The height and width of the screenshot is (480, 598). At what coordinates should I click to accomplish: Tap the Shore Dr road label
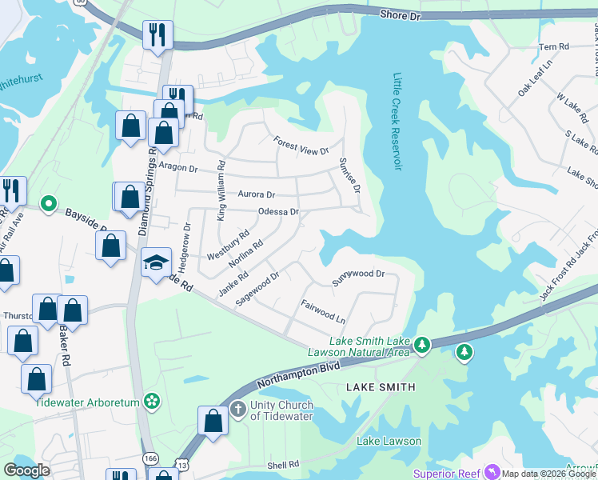400,14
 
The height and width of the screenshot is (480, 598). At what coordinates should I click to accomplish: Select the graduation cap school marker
156,262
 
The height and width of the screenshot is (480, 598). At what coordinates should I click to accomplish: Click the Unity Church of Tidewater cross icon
237,410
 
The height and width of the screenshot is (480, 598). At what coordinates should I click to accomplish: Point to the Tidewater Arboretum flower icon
153,402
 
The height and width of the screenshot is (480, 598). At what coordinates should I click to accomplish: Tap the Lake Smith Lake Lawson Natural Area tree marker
422,346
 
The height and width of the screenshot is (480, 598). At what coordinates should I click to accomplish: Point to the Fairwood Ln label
323,311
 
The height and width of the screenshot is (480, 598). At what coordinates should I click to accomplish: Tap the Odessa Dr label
278,212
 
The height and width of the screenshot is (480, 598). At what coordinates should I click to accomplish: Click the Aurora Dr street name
256,194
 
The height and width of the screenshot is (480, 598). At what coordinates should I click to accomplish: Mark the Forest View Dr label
301,145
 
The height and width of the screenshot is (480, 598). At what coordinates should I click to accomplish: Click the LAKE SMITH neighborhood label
381,387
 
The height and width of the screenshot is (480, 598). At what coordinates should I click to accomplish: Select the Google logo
27,470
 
